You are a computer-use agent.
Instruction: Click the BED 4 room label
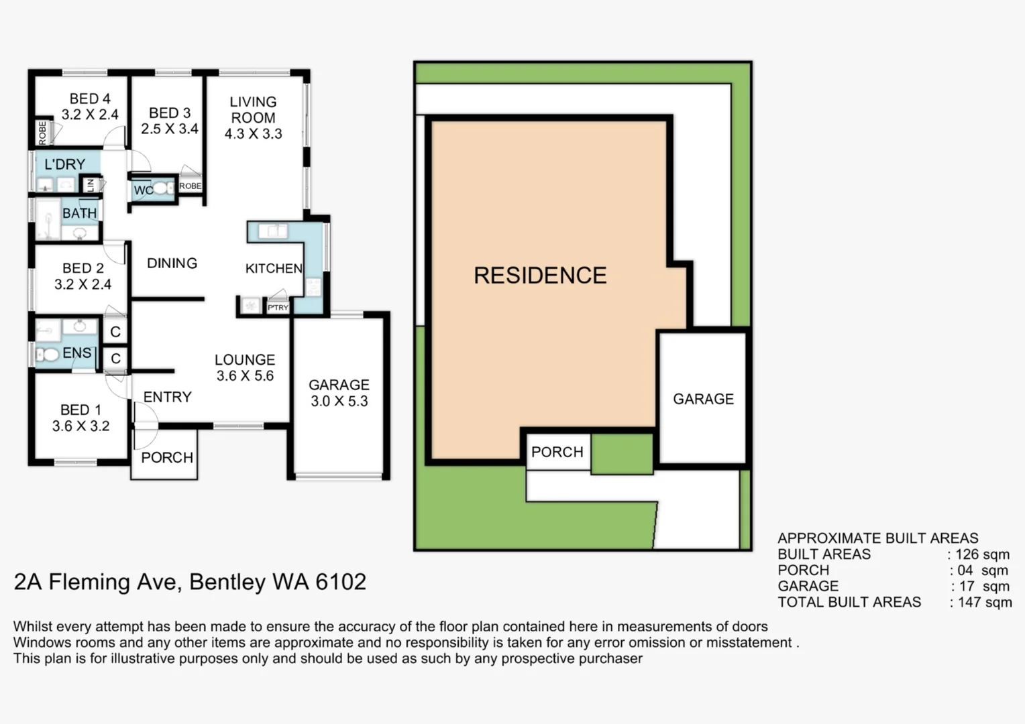pyautogui.click(x=90, y=99)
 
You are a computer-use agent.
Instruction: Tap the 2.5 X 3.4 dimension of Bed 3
pyautogui.click(x=170, y=129)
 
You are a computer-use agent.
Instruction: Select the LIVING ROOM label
pyautogui.click(x=253, y=110)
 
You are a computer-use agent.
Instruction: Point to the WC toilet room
pyautogui.click(x=144, y=190)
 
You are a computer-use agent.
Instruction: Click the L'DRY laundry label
pyautogui.click(x=64, y=164)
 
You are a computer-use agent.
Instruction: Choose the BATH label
pyautogui.click(x=79, y=213)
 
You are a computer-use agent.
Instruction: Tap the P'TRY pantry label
pyautogui.click(x=278, y=308)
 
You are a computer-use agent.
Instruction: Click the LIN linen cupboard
pyautogui.click(x=91, y=184)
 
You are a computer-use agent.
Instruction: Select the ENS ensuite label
pyautogui.click(x=76, y=353)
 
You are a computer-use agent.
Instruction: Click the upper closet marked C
pyautogui.click(x=115, y=331)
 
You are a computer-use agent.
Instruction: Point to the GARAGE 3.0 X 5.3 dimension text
pyautogui.click(x=339, y=402)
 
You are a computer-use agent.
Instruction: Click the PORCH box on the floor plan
pyautogui.click(x=166, y=458)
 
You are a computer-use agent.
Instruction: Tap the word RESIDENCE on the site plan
pyautogui.click(x=540, y=276)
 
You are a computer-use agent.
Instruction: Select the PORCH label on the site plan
pyautogui.click(x=557, y=452)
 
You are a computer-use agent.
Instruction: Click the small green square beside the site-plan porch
pyautogui.click(x=621, y=453)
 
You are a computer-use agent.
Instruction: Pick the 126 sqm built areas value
pyautogui.click(x=981, y=554)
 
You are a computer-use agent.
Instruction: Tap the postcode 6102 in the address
pyautogui.click(x=341, y=582)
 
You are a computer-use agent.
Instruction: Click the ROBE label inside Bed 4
pyautogui.click(x=43, y=133)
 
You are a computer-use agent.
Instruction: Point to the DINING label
pyautogui.click(x=172, y=263)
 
